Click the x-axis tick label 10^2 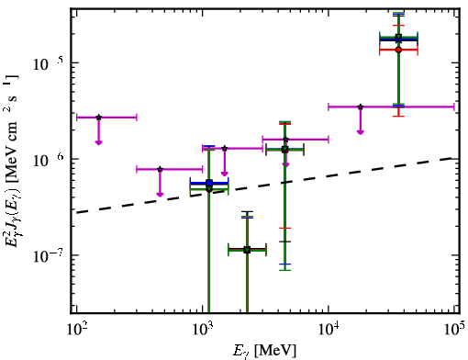click(77, 330)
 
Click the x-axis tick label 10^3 click(203, 330)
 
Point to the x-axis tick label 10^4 click(329, 330)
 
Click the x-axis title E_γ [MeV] click(264, 351)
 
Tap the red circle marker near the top click(398, 50)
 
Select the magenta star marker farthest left click(98, 118)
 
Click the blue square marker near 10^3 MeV click(209, 183)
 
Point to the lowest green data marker click(247, 250)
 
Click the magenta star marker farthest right click(361, 107)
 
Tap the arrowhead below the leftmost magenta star click(98, 142)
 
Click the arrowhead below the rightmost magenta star click(361, 132)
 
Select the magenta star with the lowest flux click(160, 169)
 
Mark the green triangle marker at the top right click(398, 38)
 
